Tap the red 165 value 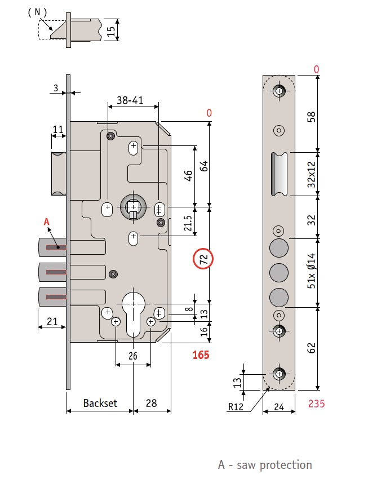(x=201, y=355)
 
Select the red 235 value (x=317, y=404)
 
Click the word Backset (x=100, y=403)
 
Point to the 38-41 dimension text (x=130, y=100)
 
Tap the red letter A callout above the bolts (x=47, y=223)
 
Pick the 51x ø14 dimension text (x=311, y=273)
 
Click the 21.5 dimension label (x=189, y=221)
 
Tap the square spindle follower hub (x=133, y=208)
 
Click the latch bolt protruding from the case (x=58, y=173)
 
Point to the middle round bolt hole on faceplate (x=278, y=272)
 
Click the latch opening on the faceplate (x=278, y=174)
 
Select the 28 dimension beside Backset (x=152, y=403)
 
